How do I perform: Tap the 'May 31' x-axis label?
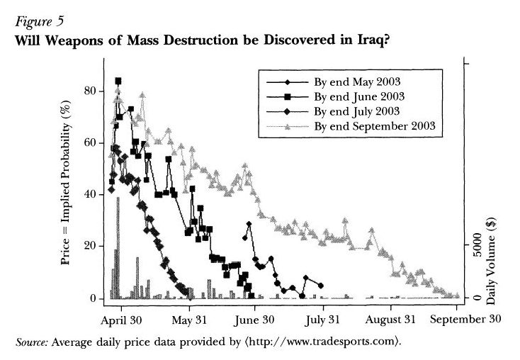[x=190, y=318]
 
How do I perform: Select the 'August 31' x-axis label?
[x=390, y=318]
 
